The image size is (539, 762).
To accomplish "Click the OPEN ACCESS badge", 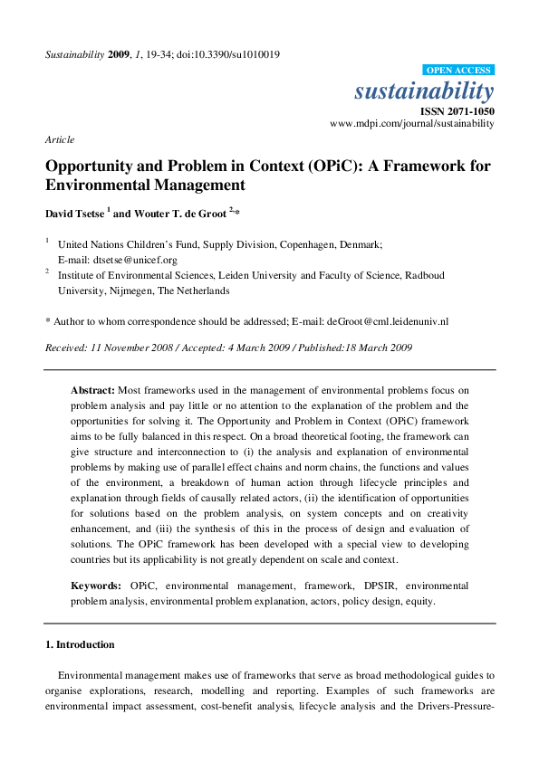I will tap(457, 71).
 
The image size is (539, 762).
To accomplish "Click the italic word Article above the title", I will tap(60, 139).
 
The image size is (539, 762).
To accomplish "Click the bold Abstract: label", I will tap(92, 389).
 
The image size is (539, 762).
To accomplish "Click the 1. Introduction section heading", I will tap(80, 644).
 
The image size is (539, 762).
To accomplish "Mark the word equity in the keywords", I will tap(418, 600).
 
